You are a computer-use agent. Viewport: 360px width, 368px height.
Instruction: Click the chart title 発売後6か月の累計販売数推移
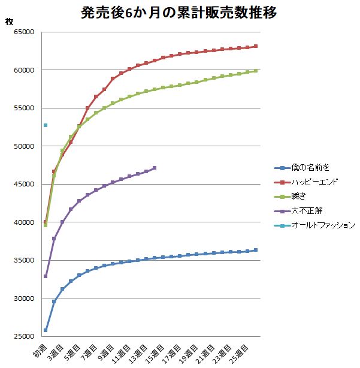179,13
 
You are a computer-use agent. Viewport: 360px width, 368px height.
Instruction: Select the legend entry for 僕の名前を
308,168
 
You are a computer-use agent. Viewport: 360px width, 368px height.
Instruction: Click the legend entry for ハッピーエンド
314,182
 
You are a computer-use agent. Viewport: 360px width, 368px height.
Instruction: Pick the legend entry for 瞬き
300,197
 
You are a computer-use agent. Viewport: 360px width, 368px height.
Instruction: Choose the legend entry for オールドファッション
323,225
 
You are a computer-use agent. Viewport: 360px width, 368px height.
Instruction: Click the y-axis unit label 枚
9,22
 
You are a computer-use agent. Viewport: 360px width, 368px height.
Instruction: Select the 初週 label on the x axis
41,350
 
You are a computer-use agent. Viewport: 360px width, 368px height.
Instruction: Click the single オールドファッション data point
46,125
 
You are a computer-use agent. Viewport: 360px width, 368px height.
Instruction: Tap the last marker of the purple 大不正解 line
155,168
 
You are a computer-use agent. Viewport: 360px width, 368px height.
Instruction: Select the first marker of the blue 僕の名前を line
46,330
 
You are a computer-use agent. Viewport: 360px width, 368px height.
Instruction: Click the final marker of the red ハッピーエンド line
256,46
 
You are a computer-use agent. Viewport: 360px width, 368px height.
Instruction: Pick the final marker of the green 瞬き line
256,71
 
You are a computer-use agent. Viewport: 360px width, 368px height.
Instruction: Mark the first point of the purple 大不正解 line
46,276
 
